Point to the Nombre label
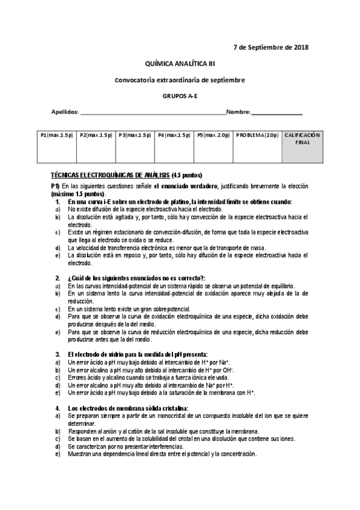tap(238, 112)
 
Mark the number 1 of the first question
tap(57, 201)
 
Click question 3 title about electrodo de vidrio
tap(138, 354)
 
